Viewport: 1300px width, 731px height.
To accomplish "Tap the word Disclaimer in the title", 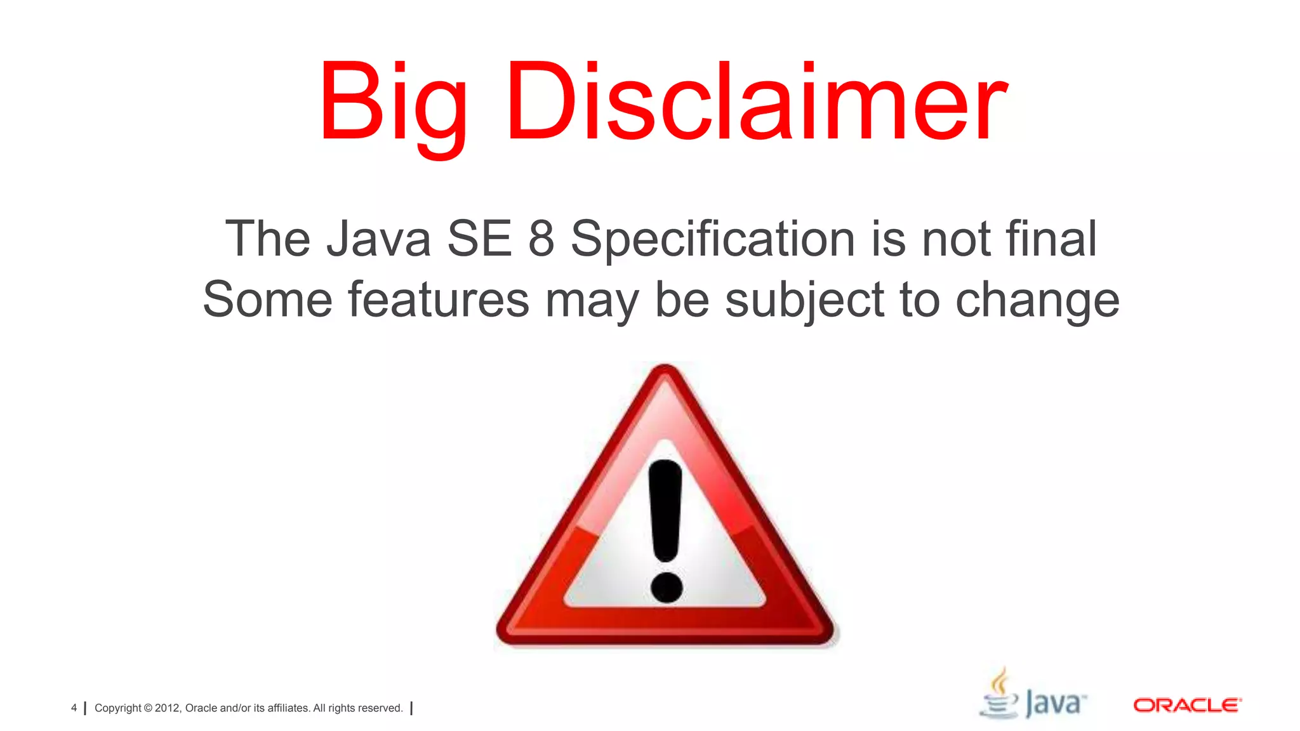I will pyautogui.click(x=755, y=102).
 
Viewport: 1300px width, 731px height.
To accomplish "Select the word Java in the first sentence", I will pyautogui.click(x=378, y=239).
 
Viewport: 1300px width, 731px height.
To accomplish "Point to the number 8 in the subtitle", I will pyautogui.click(x=541, y=239).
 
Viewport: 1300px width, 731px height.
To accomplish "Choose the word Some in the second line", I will pyautogui.click(x=267, y=300).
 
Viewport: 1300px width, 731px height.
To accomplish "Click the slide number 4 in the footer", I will pyautogui.click(x=74, y=708).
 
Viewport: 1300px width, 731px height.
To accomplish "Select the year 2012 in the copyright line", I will pyautogui.click(x=168, y=708).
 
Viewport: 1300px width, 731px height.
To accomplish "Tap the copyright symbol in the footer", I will pyautogui.click(x=148, y=708).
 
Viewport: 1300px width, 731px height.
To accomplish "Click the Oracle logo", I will pyautogui.click(x=1187, y=706).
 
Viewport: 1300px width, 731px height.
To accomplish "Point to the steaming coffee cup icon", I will pyautogui.click(x=999, y=695).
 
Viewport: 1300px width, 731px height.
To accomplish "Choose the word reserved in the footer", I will pyautogui.click(x=380, y=708).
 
